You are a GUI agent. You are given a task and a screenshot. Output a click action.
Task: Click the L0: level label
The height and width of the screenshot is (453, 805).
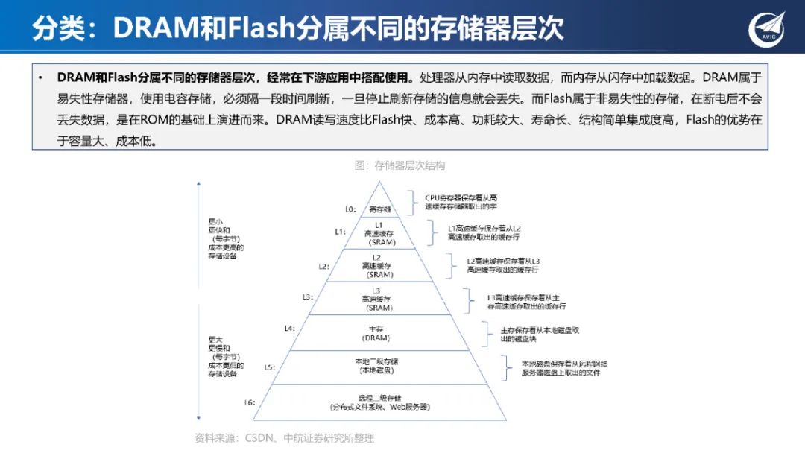coord(350,209)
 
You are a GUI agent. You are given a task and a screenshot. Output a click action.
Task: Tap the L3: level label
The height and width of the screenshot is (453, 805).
coord(307,297)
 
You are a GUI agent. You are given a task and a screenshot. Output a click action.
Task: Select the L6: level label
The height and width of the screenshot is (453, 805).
coord(250,402)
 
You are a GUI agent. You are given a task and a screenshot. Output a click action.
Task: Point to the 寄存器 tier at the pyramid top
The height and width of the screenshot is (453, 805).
coord(380,209)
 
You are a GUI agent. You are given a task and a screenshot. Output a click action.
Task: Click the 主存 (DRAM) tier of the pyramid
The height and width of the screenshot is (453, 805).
coord(376,332)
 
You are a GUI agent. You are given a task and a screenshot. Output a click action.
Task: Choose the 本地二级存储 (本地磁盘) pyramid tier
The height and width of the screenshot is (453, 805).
coord(376,366)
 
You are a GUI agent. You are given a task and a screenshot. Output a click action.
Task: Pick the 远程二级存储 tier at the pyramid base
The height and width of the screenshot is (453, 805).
coord(380,402)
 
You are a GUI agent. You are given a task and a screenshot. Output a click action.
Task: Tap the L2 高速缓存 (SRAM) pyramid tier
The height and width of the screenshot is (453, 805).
coord(377,266)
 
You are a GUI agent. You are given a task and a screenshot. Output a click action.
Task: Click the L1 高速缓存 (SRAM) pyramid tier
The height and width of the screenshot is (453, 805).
coord(379,233)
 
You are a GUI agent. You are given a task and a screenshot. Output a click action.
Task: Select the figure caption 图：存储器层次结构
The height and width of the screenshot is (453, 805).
coord(400,165)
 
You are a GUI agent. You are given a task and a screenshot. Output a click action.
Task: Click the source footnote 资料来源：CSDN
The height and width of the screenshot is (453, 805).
coord(284,438)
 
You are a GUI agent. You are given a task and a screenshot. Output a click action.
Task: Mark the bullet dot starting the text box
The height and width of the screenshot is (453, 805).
coord(40,77)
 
